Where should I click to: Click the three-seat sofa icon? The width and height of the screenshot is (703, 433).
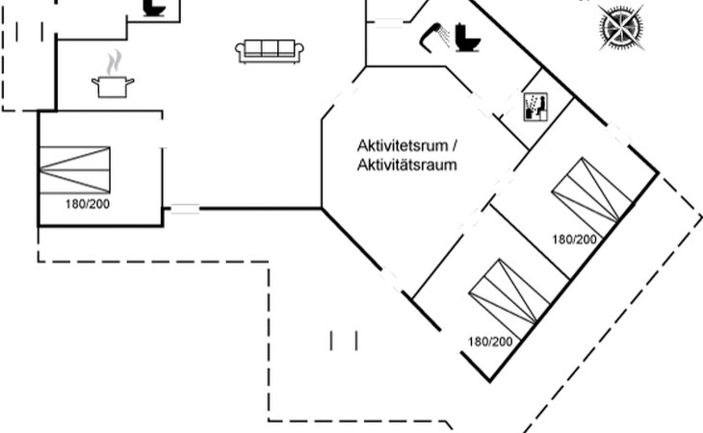pos(270,51)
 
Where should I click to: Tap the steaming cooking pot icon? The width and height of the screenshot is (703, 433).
pos(113,85)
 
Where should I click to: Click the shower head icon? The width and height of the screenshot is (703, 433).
pos(430,38)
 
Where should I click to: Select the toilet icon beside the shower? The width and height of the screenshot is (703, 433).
pos(468,38)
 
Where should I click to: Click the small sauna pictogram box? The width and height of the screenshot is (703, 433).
pos(534,106)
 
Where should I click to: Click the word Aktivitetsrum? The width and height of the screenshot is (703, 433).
pos(403,145)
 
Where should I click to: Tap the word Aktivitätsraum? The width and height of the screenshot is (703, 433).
pos(405,165)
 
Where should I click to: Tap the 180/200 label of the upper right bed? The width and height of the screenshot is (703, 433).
pos(574,240)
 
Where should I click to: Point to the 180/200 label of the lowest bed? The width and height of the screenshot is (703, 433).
pos(489,342)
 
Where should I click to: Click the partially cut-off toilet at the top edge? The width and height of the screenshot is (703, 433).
pos(155,7)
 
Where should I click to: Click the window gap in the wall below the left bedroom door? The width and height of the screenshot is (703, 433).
pos(185,208)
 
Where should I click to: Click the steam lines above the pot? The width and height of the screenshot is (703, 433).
pos(115,64)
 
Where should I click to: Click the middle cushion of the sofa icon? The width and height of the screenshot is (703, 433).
pos(270,49)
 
